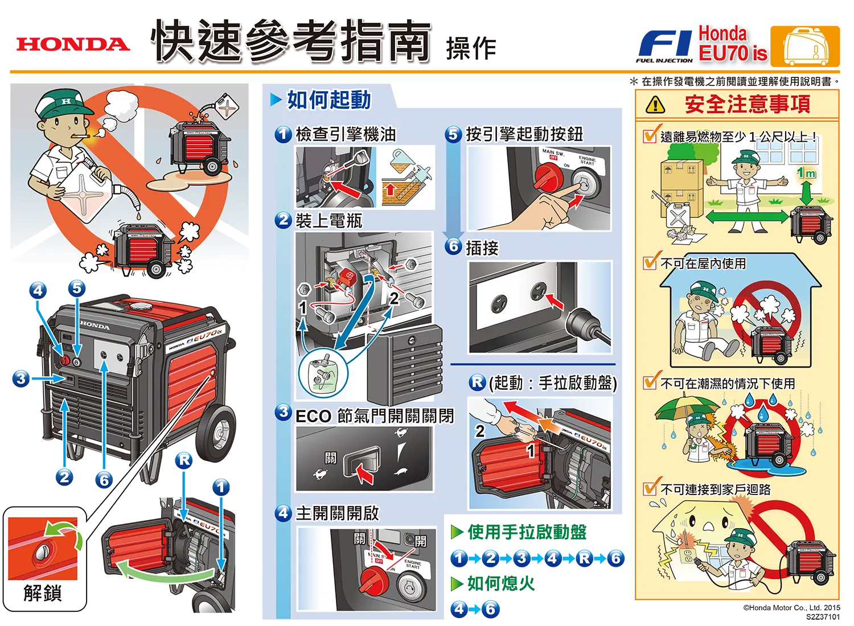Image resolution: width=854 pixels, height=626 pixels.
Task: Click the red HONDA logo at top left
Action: click(x=73, y=44)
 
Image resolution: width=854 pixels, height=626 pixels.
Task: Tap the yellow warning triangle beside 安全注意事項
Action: click(x=656, y=105)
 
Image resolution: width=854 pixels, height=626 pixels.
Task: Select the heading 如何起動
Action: click(x=329, y=100)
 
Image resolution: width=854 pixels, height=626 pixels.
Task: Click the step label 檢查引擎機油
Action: click(x=346, y=134)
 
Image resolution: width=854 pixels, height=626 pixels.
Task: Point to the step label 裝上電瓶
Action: click(x=329, y=221)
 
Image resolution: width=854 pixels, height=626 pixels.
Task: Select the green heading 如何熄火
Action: click(x=501, y=583)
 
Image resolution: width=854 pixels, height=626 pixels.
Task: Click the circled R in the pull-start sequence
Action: click(x=584, y=558)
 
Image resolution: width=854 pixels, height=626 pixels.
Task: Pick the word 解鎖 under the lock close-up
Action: click(x=42, y=593)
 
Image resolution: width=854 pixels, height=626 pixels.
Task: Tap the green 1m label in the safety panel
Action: click(x=806, y=174)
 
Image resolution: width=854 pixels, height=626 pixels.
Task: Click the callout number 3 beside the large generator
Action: click(x=21, y=378)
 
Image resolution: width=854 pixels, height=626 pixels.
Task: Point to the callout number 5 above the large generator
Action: click(x=77, y=289)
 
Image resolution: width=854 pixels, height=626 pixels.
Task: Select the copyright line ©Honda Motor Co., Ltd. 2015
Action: click(x=791, y=607)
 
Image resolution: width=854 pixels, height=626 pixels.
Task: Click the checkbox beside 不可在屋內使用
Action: click(x=649, y=263)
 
